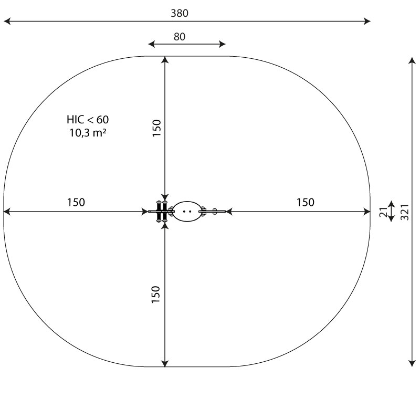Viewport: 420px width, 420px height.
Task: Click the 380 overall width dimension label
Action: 180,13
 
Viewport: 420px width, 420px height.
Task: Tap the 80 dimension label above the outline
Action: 180,37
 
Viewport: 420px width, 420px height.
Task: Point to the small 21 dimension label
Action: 383,212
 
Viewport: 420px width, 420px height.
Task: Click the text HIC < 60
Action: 88,120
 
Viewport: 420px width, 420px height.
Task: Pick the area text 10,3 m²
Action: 88,133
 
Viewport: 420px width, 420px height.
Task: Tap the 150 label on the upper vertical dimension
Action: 156,128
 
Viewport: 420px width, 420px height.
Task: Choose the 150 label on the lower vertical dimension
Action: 155,295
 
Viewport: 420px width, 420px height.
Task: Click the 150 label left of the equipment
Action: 76,202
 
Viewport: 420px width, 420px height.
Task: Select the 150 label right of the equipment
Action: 306,202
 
